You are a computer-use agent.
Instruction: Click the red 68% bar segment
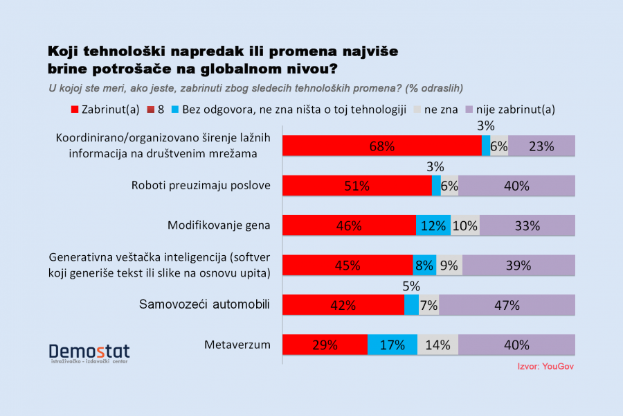381,146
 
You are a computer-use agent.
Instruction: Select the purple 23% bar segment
541,146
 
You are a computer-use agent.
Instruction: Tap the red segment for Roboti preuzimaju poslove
356,186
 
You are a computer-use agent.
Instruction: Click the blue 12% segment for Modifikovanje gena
433,225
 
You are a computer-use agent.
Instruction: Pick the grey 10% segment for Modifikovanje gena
464,225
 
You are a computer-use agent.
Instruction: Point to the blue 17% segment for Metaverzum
392,345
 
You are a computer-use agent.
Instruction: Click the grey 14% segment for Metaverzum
437,345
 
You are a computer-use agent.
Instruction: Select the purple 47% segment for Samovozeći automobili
507,305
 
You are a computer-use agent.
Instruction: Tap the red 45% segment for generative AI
347,266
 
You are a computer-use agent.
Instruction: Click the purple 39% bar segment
518,266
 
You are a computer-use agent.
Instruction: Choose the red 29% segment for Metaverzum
325,345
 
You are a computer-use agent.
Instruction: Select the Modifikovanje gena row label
219,225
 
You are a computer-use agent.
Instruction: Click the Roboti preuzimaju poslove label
201,186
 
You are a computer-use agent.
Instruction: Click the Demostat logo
89,353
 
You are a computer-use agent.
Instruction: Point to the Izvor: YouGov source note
545,366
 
